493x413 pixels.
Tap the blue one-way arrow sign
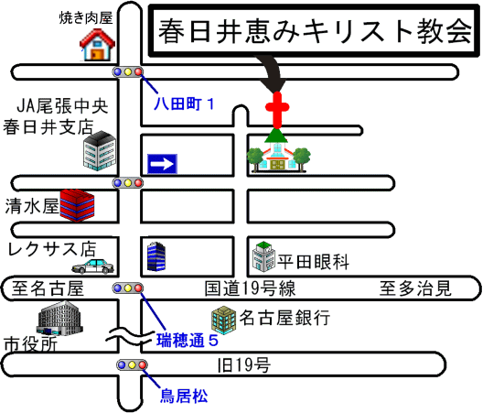tap(162, 164)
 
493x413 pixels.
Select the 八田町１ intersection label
tap(185, 103)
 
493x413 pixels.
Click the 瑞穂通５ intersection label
tap(188, 341)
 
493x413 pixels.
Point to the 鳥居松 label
tap(184, 396)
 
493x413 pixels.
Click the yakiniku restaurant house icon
tap(97, 45)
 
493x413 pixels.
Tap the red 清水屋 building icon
tap(77, 205)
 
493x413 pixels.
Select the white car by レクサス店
tap(93, 266)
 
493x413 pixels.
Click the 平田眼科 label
tap(313, 262)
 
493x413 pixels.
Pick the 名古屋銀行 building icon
tap(223, 320)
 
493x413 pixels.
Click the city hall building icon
tap(59, 318)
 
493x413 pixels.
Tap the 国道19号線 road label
tap(251, 288)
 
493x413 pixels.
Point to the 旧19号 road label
tap(244, 365)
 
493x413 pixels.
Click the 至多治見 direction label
tap(415, 288)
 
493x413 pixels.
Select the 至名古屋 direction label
tap(48, 288)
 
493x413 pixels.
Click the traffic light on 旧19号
tap(132, 365)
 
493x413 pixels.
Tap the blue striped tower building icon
tap(156, 256)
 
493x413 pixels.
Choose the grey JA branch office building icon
tap(100, 151)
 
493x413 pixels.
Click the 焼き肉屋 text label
tap(86, 18)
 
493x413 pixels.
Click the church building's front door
tap(277, 165)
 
